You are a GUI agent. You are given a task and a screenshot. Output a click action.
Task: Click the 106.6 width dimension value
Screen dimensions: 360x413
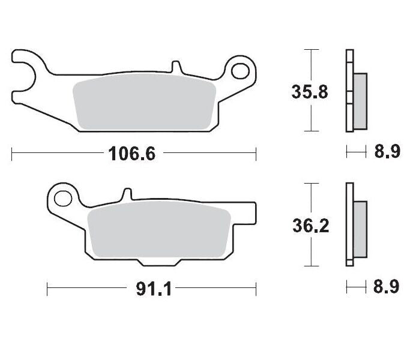(x=132, y=154)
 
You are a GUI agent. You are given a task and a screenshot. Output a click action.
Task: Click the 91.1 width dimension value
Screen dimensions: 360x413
(x=155, y=289)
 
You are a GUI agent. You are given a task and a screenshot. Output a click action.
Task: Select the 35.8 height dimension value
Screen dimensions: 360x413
(x=310, y=93)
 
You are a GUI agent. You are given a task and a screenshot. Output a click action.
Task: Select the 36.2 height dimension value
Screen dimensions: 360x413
(x=310, y=226)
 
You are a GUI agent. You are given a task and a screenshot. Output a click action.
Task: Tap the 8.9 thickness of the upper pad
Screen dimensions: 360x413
(x=387, y=152)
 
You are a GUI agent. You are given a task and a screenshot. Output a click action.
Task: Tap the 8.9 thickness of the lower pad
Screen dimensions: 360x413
(x=387, y=287)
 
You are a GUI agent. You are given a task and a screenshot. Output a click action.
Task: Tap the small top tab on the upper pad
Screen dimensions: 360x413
(x=175, y=66)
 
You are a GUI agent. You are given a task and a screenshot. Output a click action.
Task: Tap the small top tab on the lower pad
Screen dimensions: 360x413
(x=126, y=194)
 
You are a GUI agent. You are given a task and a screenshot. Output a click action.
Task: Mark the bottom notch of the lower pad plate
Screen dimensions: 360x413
(x=158, y=263)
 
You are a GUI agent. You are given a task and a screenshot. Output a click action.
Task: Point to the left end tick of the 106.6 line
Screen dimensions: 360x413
(x=12, y=154)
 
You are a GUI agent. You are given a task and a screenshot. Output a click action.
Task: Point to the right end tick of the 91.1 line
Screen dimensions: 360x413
(x=256, y=289)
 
